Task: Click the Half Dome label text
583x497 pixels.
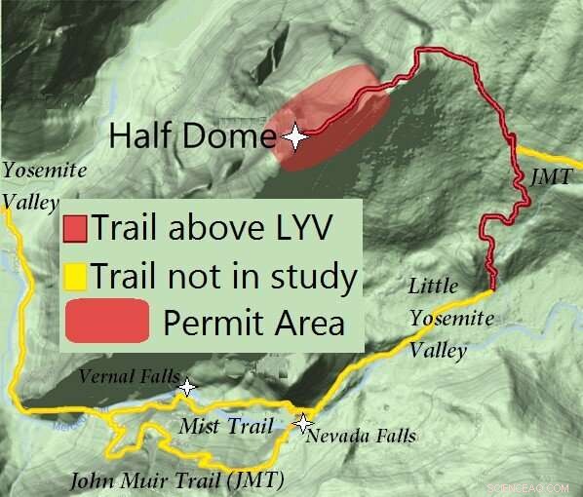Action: coord(192,134)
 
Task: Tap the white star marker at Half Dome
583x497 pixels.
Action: coord(294,138)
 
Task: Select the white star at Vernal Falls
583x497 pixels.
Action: coord(186,389)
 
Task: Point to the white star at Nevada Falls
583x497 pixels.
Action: coord(303,424)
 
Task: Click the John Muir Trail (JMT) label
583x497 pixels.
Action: coord(176,480)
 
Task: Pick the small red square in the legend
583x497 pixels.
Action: coord(75,229)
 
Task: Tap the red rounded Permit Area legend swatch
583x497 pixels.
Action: coord(106,321)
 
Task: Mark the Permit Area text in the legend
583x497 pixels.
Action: coord(253,322)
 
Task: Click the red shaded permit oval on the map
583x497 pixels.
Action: coord(336,112)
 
